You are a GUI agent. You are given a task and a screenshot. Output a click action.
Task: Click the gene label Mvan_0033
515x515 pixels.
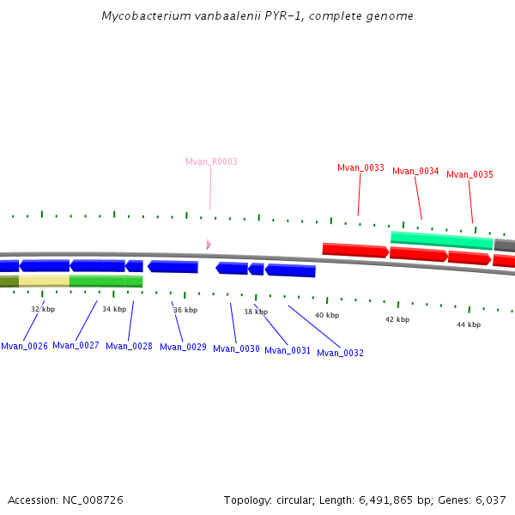pyautogui.click(x=360, y=168)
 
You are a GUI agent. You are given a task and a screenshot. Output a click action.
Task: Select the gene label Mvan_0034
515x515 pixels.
pyautogui.click(x=415, y=172)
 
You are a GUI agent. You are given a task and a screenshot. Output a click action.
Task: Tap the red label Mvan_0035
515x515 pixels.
pyautogui.click(x=470, y=175)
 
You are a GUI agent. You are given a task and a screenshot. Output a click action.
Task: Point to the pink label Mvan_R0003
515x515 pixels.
pyautogui.click(x=211, y=161)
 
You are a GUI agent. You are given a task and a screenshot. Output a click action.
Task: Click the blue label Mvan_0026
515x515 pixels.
pyautogui.click(x=24, y=347)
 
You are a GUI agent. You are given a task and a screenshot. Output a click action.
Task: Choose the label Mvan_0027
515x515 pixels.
pyautogui.click(x=76, y=346)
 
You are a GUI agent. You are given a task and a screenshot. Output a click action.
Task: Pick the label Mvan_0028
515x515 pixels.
pyautogui.click(x=129, y=347)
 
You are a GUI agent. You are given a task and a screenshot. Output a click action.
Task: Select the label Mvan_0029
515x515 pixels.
pyautogui.click(x=183, y=348)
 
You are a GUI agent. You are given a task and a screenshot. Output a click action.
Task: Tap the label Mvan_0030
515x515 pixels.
pyautogui.click(x=236, y=349)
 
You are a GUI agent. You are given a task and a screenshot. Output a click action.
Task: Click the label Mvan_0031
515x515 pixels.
pyautogui.click(x=288, y=351)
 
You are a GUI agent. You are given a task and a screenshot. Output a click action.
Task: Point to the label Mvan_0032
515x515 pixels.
pyautogui.click(x=340, y=353)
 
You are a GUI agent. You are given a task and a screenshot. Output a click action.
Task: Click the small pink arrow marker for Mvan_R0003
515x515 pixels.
pyautogui.click(x=208, y=245)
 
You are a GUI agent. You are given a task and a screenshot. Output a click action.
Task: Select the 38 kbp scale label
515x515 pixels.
pyautogui.click(x=256, y=312)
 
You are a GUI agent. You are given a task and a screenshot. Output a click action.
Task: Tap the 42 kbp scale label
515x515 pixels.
pyautogui.click(x=397, y=319)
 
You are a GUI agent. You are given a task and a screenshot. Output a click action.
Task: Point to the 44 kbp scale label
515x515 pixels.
pyautogui.click(x=468, y=324)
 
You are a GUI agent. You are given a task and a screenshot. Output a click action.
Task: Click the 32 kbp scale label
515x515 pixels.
pyautogui.click(x=43, y=309)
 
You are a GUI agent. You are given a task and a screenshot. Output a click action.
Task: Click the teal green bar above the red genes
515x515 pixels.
pyautogui.click(x=441, y=240)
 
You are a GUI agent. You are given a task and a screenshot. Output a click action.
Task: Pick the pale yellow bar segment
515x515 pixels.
pyautogui.click(x=44, y=281)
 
